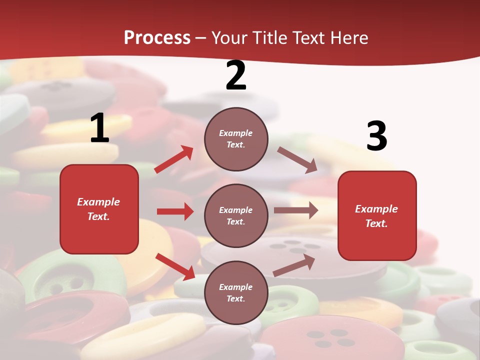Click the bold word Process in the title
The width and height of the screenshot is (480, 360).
(x=157, y=38)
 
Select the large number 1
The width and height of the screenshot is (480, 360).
(x=99, y=128)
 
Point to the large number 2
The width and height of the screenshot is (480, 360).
(x=236, y=76)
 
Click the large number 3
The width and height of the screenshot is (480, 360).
(x=376, y=136)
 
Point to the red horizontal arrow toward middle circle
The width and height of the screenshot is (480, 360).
(x=175, y=211)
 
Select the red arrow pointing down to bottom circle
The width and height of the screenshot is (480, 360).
(x=175, y=266)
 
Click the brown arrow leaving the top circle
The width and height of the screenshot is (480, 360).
(x=297, y=160)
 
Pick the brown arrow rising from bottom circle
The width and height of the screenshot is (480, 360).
(x=294, y=265)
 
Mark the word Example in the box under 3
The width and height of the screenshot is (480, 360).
(x=376, y=209)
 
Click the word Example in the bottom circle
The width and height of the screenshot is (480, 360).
(x=235, y=287)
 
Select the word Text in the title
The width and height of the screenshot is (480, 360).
(x=307, y=38)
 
